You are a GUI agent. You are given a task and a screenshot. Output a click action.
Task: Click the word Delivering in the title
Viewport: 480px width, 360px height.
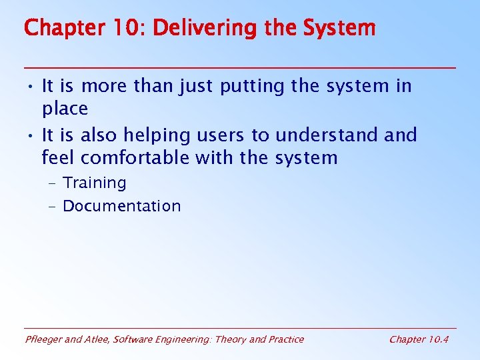pos(197,28)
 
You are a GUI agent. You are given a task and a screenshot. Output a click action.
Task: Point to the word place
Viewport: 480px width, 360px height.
pos(65,109)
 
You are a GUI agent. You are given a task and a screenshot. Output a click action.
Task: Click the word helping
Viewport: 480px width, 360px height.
pos(159,135)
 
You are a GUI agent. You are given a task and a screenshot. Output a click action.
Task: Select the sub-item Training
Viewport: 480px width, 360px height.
pos(94,183)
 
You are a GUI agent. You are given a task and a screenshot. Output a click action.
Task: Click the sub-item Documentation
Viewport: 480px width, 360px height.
pos(121,206)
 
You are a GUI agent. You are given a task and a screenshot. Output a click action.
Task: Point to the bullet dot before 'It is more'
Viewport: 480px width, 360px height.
pos(31,87)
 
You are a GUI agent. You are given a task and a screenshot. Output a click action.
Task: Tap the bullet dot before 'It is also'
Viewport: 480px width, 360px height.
pos(31,136)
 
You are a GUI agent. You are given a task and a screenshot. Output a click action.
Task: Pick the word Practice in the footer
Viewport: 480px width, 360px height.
pos(285,339)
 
